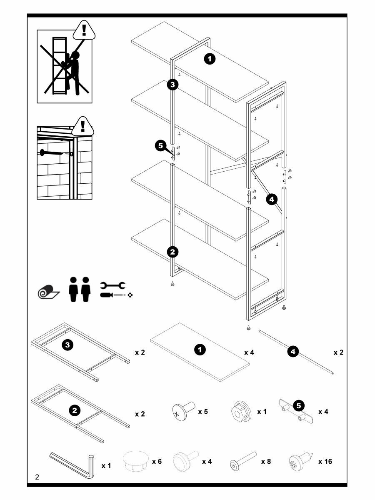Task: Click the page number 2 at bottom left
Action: (37, 477)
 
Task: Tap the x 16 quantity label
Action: (325, 462)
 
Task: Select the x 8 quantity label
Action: (266, 462)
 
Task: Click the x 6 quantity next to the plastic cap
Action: (157, 462)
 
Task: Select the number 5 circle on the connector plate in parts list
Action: (299, 405)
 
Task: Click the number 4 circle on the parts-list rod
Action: (293, 352)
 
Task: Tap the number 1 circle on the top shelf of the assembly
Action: (210, 59)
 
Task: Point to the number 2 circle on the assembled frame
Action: (172, 252)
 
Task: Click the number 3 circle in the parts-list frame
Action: (68, 345)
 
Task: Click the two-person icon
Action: (80, 290)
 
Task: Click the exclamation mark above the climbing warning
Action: (85, 30)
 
